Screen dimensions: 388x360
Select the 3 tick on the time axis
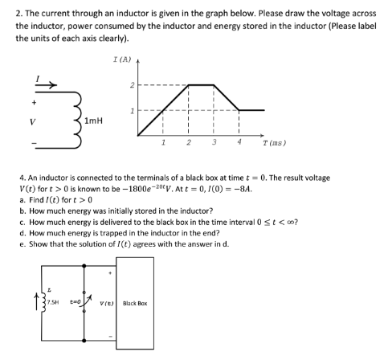pyautogui.click(x=214, y=142)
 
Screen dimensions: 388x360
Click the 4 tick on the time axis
pyautogui.click(x=239, y=142)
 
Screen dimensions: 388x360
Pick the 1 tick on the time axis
pyautogui.click(x=163, y=142)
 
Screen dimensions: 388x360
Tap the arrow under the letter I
pyautogui.click(x=23, y=83)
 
